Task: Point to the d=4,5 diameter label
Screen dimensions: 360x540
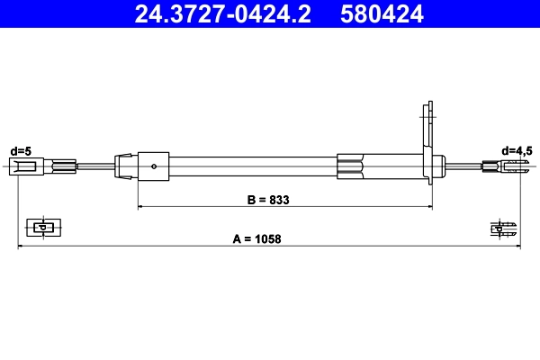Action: [x=517, y=150]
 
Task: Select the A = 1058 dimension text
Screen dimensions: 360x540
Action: [x=258, y=238]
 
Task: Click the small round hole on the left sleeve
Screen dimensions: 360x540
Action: [x=155, y=166]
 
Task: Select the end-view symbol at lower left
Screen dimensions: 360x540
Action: [x=40, y=228]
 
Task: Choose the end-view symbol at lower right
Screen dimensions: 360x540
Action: [x=504, y=228]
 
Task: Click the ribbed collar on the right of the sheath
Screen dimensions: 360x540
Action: [x=351, y=166]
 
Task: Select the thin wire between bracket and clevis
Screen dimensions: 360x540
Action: [x=463, y=166]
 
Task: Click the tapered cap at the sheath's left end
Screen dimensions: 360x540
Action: [x=121, y=166]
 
